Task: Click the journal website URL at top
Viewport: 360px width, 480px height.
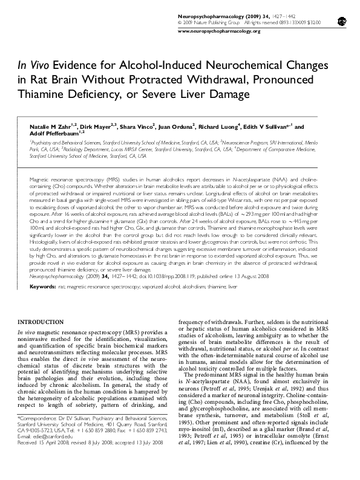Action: [219, 31]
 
